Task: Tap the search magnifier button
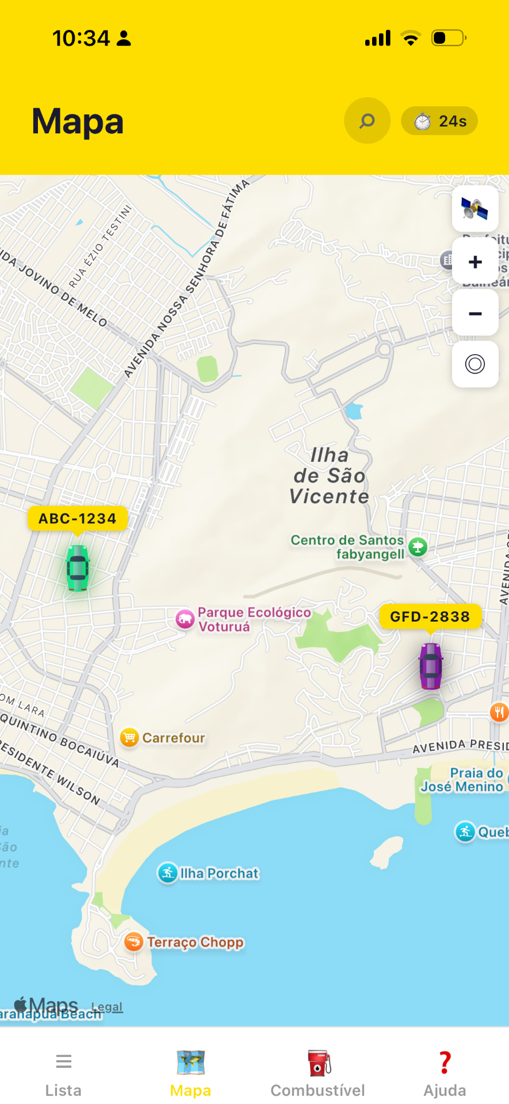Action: [367, 121]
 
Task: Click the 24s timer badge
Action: [439, 121]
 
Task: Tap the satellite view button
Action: [475, 208]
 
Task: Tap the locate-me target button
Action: [475, 364]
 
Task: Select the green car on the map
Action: [78, 568]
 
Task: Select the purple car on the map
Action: [431, 666]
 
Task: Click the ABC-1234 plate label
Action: [78, 519]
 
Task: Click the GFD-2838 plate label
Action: [430, 617]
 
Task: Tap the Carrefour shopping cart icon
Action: [129, 737]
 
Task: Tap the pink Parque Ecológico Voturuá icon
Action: [185, 619]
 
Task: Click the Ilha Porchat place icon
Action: [167, 873]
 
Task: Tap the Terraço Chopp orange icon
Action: [133, 942]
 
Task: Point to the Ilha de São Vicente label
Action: [330, 476]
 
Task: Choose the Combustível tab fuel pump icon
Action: [318, 1063]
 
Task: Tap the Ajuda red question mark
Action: [445, 1063]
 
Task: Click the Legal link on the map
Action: [107, 1007]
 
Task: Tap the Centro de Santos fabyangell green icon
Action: [418, 547]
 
